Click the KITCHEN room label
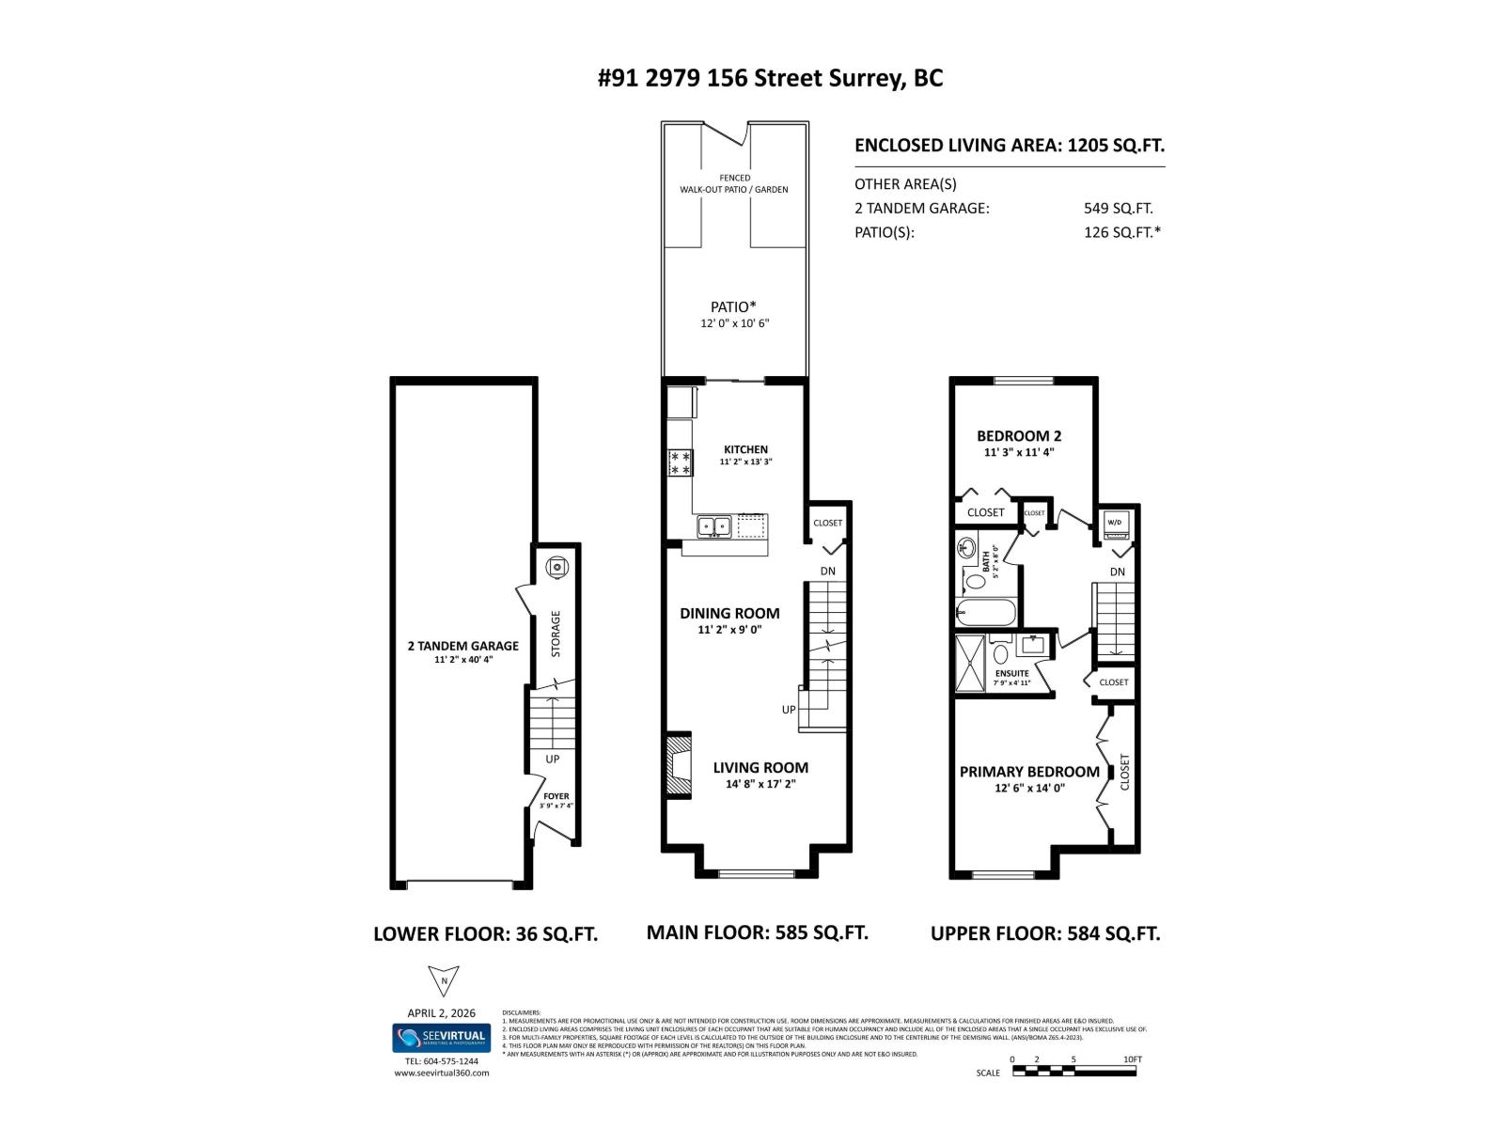[x=745, y=449]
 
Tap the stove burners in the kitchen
[x=681, y=462]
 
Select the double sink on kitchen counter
[x=714, y=526]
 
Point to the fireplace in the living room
[x=677, y=766]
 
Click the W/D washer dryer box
[x=1115, y=524]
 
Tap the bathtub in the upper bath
[x=987, y=613]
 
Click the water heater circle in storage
[x=557, y=567]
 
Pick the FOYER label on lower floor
[x=556, y=796]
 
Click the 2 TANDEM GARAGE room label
[x=462, y=646]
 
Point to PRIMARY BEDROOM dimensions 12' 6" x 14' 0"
[x=1029, y=789]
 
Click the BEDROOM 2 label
[x=1019, y=436]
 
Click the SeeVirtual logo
[x=441, y=1038]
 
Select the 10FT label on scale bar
[x=1132, y=1059]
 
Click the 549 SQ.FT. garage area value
[x=1118, y=209]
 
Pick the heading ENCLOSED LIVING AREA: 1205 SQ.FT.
[x=1009, y=146]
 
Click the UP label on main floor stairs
[x=788, y=710]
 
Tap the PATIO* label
[x=733, y=306]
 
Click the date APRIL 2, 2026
[x=442, y=1013]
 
